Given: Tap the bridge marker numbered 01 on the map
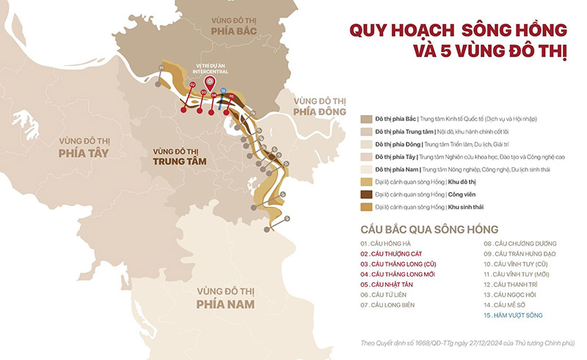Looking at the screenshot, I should click(161, 67).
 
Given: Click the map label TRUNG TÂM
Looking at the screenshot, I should click(175, 161).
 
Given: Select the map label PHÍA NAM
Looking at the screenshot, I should click(225, 304).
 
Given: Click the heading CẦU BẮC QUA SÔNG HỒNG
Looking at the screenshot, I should click(429, 229).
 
